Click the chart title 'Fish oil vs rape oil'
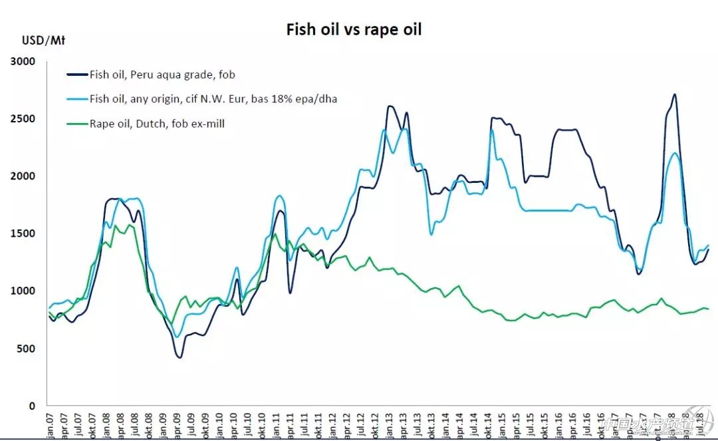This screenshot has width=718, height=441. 354,29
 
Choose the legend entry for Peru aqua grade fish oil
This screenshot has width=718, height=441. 162,74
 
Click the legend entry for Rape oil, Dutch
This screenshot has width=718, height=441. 157,124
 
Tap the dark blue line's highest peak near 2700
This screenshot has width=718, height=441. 674,94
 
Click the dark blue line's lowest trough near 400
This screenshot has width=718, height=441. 179,357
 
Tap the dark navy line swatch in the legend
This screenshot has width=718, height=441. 76,74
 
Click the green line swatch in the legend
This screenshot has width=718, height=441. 76,124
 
